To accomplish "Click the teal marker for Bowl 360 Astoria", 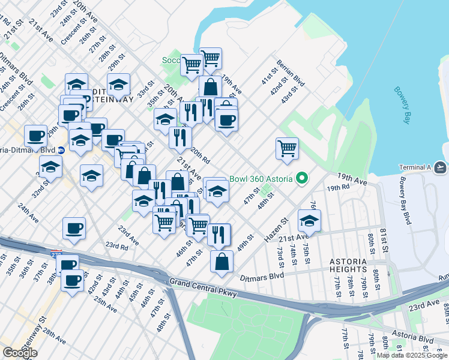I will tap(303, 179).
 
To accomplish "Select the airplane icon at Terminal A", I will tap(440, 167).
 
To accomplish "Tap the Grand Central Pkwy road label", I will tap(203, 287).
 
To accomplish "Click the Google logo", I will tap(20, 353).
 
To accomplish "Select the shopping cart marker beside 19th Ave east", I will tap(288, 148).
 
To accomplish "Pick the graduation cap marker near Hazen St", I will tap(309, 220).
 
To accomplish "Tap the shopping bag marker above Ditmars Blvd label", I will tap(221, 261).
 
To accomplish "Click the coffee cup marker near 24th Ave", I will tap(74, 228).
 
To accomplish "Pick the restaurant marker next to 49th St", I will tap(218, 233).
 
